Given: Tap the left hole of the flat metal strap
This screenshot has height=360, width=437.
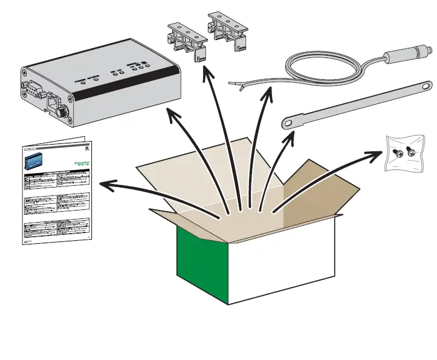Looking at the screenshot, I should tap(291, 123).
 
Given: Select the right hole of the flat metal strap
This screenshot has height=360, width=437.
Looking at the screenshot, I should tap(419, 87).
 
